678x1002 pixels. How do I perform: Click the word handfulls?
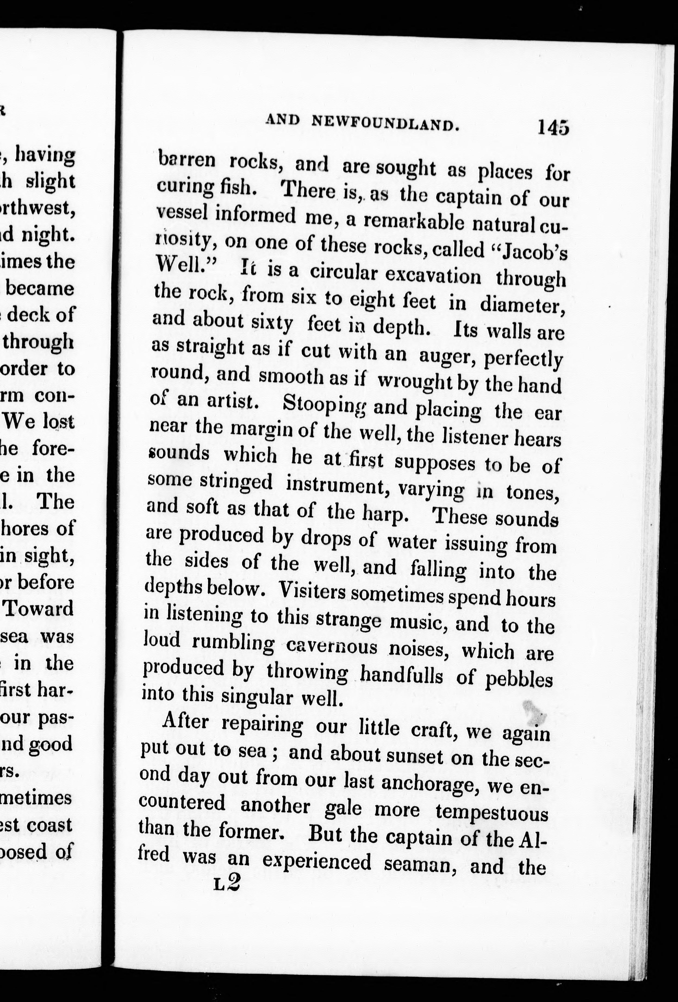tap(401, 675)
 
